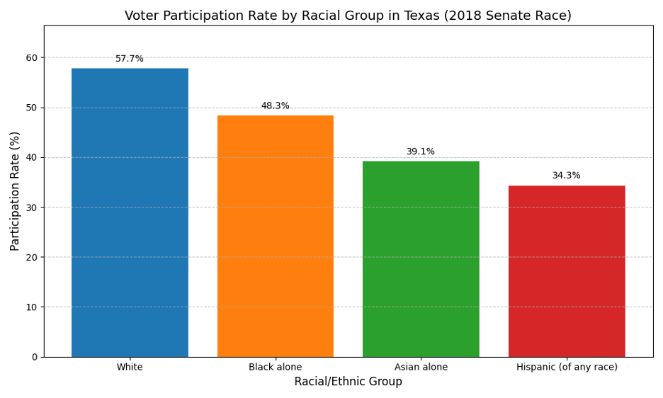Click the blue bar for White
coord(130,212)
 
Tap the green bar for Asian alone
coord(421,259)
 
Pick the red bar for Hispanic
coord(567,271)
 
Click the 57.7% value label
coord(130,59)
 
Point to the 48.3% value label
coord(276,106)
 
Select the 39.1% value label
coord(421,152)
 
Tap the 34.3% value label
coord(567,176)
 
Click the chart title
coord(348,16)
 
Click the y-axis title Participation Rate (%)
coord(16,191)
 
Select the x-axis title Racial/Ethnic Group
coord(348,382)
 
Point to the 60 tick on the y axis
coord(32,57)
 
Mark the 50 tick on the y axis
coord(32,108)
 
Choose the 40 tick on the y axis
coord(32,157)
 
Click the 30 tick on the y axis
coord(32,207)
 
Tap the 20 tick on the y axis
coord(32,257)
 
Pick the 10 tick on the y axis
coord(32,307)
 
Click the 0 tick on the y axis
coord(34,357)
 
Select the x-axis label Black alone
coord(276,367)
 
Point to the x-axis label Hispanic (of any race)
coord(567,367)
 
